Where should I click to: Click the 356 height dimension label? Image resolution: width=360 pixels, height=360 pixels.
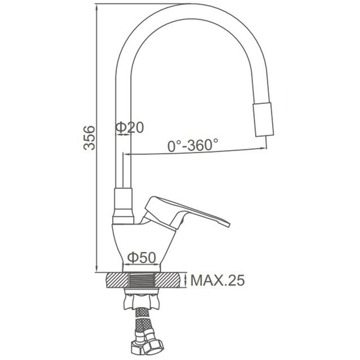coord(89,138)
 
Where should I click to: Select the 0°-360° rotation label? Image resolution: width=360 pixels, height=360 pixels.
coord(193,146)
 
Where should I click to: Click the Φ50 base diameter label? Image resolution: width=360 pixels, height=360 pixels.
coord(141,258)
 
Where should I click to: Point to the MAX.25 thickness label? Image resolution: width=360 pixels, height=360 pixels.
coord(218,280)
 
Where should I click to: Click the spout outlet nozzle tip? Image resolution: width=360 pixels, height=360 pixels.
coord(263,120)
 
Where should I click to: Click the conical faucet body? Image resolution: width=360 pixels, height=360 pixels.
coord(141,243)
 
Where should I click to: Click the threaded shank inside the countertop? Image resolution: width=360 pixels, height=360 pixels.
coord(141,280)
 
